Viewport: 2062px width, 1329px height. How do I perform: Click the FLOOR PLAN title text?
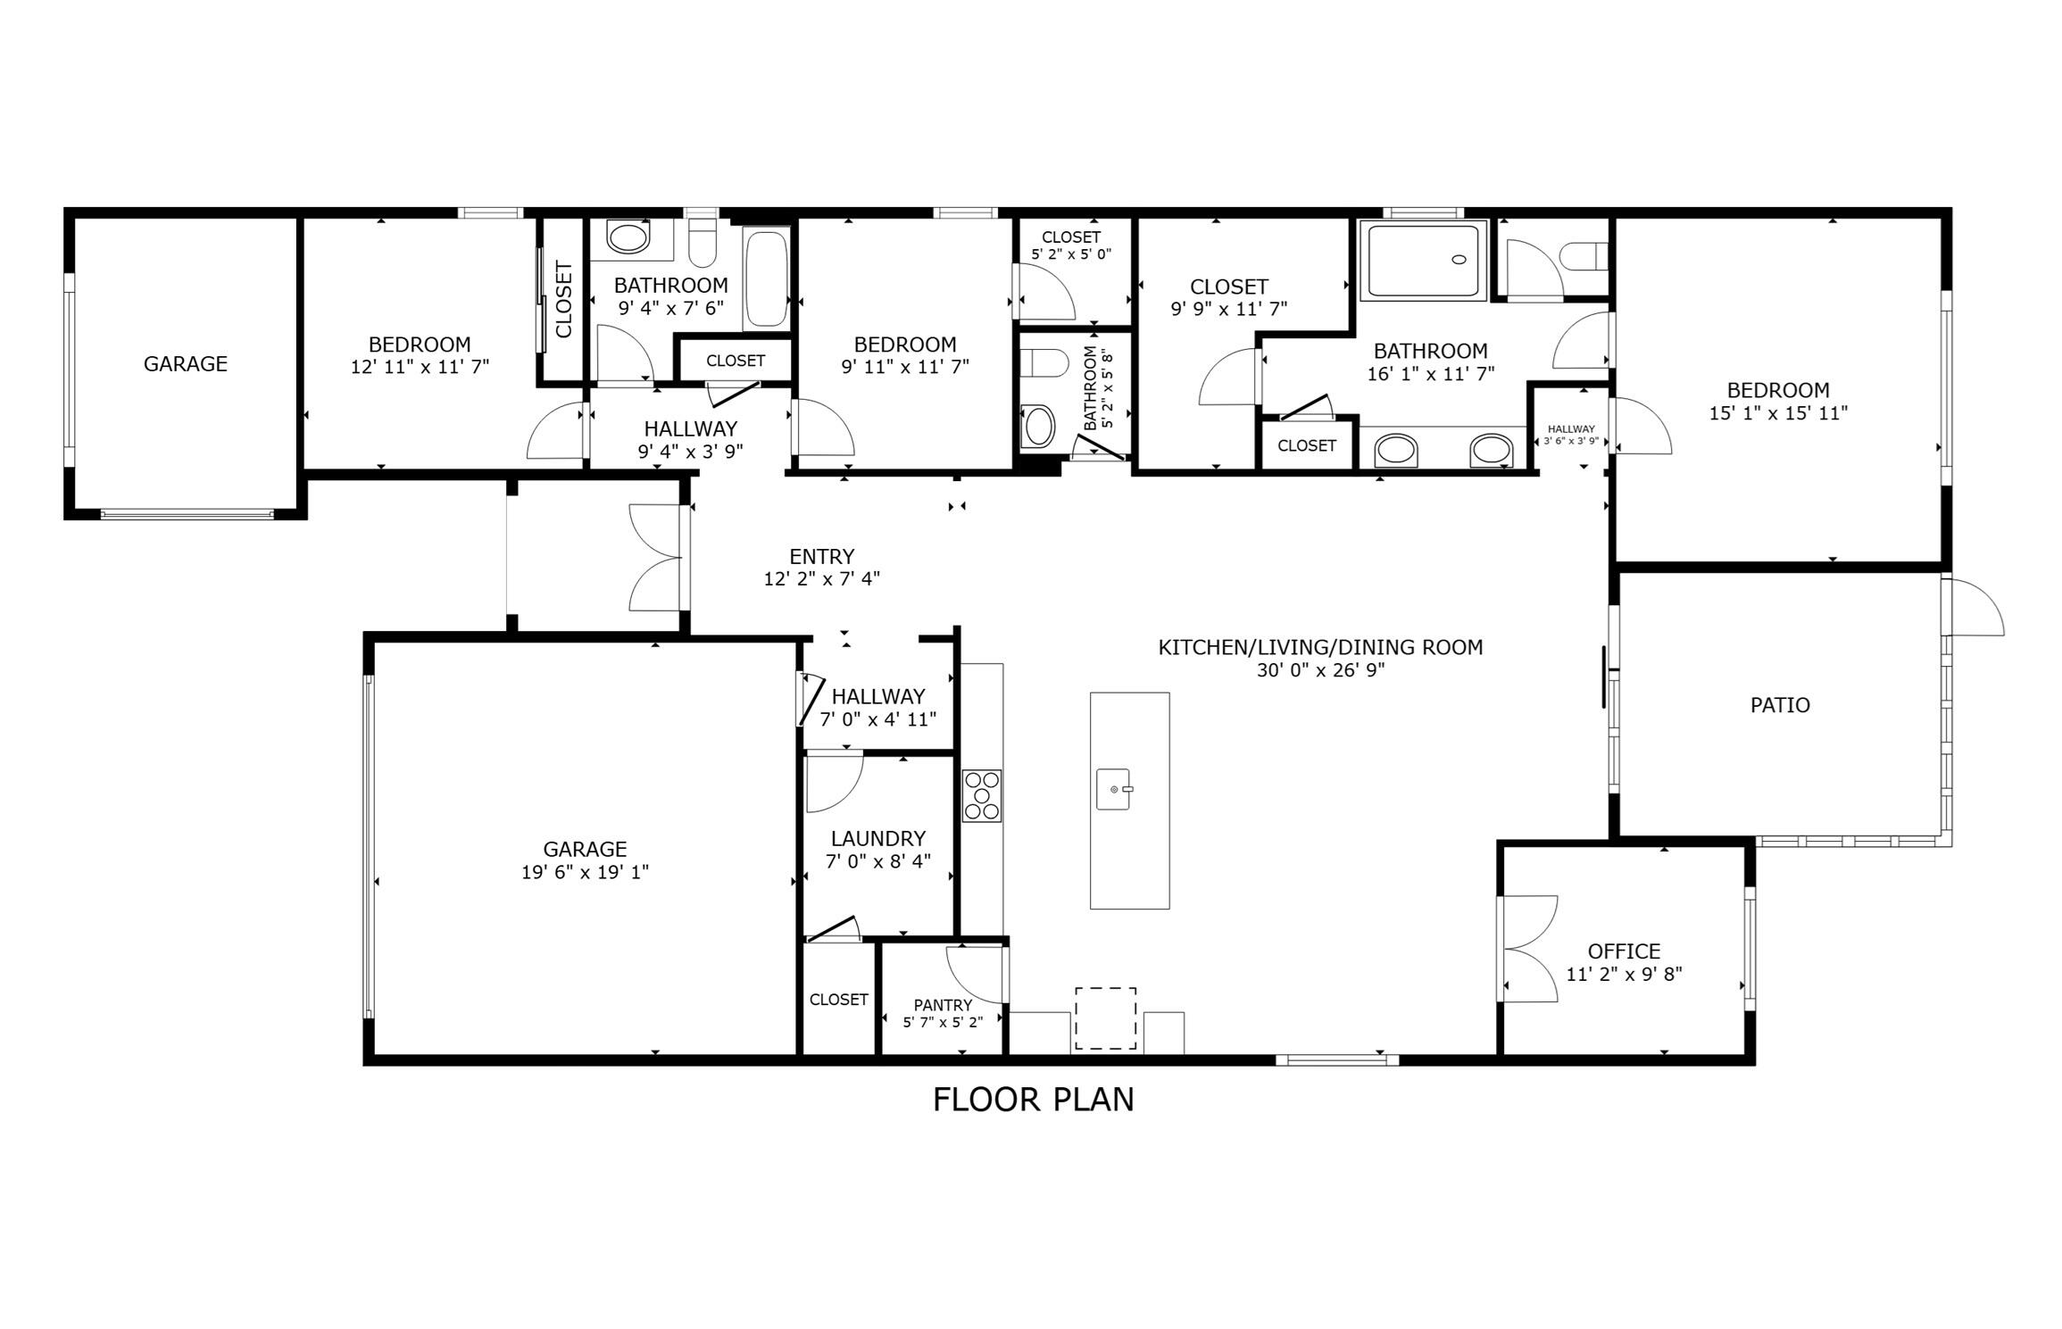(x=1033, y=1100)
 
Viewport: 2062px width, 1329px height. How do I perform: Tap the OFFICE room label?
(x=1624, y=951)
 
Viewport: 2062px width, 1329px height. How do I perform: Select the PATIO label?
(x=1780, y=705)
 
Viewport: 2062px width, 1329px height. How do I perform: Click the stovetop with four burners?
(x=981, y=795)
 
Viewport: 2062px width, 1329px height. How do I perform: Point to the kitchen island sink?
(x=1113, y=789)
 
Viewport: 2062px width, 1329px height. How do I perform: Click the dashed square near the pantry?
(x=1105, y=1018)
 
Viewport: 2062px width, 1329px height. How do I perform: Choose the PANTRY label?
(x=943, y=1005)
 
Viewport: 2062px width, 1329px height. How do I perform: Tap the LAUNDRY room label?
(x=877, y=838)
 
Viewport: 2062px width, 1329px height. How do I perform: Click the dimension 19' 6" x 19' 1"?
(x=585, y=872)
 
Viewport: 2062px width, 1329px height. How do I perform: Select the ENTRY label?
(x=821, y=556)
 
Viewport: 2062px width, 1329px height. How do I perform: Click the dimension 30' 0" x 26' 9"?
(x=1320, y=670)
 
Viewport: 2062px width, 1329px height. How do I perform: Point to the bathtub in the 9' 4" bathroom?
(x=766, y=278)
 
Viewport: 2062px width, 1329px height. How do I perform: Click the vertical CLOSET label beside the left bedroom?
(x=563, y=299)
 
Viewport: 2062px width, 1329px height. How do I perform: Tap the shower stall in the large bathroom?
(x=1423, y=260)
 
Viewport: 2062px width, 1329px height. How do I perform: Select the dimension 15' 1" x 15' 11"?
(x=1778, y=413)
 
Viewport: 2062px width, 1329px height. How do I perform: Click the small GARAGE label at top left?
(x=186, y=363)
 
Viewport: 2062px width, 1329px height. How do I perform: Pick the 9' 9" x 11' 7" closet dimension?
(x=1228, y=309)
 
